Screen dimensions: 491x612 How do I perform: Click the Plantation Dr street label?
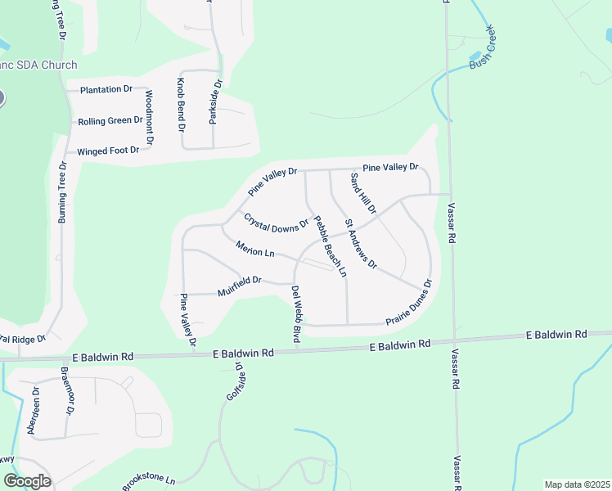click(106, 89)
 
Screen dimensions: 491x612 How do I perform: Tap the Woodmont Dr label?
click(149, 117)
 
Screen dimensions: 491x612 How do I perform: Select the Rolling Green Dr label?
click(110, 121)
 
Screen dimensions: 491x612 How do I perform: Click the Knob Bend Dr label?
click(181, 106)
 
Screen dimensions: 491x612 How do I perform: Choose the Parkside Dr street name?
click(215, 101)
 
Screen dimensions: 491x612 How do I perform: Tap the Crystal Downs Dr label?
click(276, 221)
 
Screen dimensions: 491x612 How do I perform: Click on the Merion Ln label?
click(254, 248)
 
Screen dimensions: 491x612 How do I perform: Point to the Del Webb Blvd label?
click(296, 314)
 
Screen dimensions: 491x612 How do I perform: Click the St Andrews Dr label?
click(360, 244)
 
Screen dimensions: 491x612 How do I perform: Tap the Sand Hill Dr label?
click(362, 193)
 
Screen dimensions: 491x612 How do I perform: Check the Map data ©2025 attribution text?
click(577, 484)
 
